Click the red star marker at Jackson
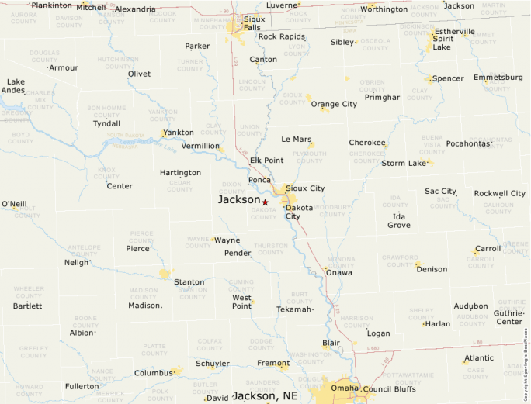point(265,202)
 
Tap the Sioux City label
point(305,188)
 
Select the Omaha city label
point(345,388)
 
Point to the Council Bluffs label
point(390,388)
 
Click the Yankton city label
point(179,133)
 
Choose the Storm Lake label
point(404,163)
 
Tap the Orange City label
point(334,104)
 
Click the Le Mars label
point(296,140)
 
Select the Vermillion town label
point(200,146)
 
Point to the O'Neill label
point(14,204)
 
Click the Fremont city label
point(273,363)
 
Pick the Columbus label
point(153,373)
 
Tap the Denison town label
point(432,269)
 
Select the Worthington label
point(384,9)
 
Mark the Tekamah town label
point(294,309)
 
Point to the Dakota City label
point(298,212)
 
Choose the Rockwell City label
point(499,193)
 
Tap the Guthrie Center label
point(509,317)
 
